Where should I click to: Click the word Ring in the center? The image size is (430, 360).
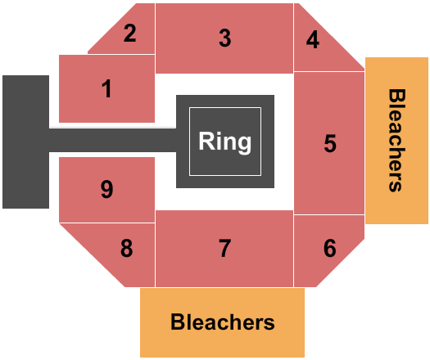[225, 142]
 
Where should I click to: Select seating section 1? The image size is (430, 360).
[106, 88]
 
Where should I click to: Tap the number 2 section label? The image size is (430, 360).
[129, 34]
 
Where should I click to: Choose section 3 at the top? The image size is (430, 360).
[224, 38]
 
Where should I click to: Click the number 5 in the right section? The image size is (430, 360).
[329, 143]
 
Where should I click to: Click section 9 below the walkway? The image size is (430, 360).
[106, 190]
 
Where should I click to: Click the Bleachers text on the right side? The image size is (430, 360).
[396, 140]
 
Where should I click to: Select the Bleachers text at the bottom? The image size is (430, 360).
[223, 322]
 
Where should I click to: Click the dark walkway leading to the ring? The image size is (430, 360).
[115, 140]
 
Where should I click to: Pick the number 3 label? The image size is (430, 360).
[224, 38]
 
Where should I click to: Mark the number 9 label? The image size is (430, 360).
[106, 190]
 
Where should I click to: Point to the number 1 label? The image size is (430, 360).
[106, 88]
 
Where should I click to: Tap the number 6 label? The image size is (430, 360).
[329, 248]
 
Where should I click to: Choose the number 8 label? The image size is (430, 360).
[126, 248]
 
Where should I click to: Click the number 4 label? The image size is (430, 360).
[312, 39]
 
